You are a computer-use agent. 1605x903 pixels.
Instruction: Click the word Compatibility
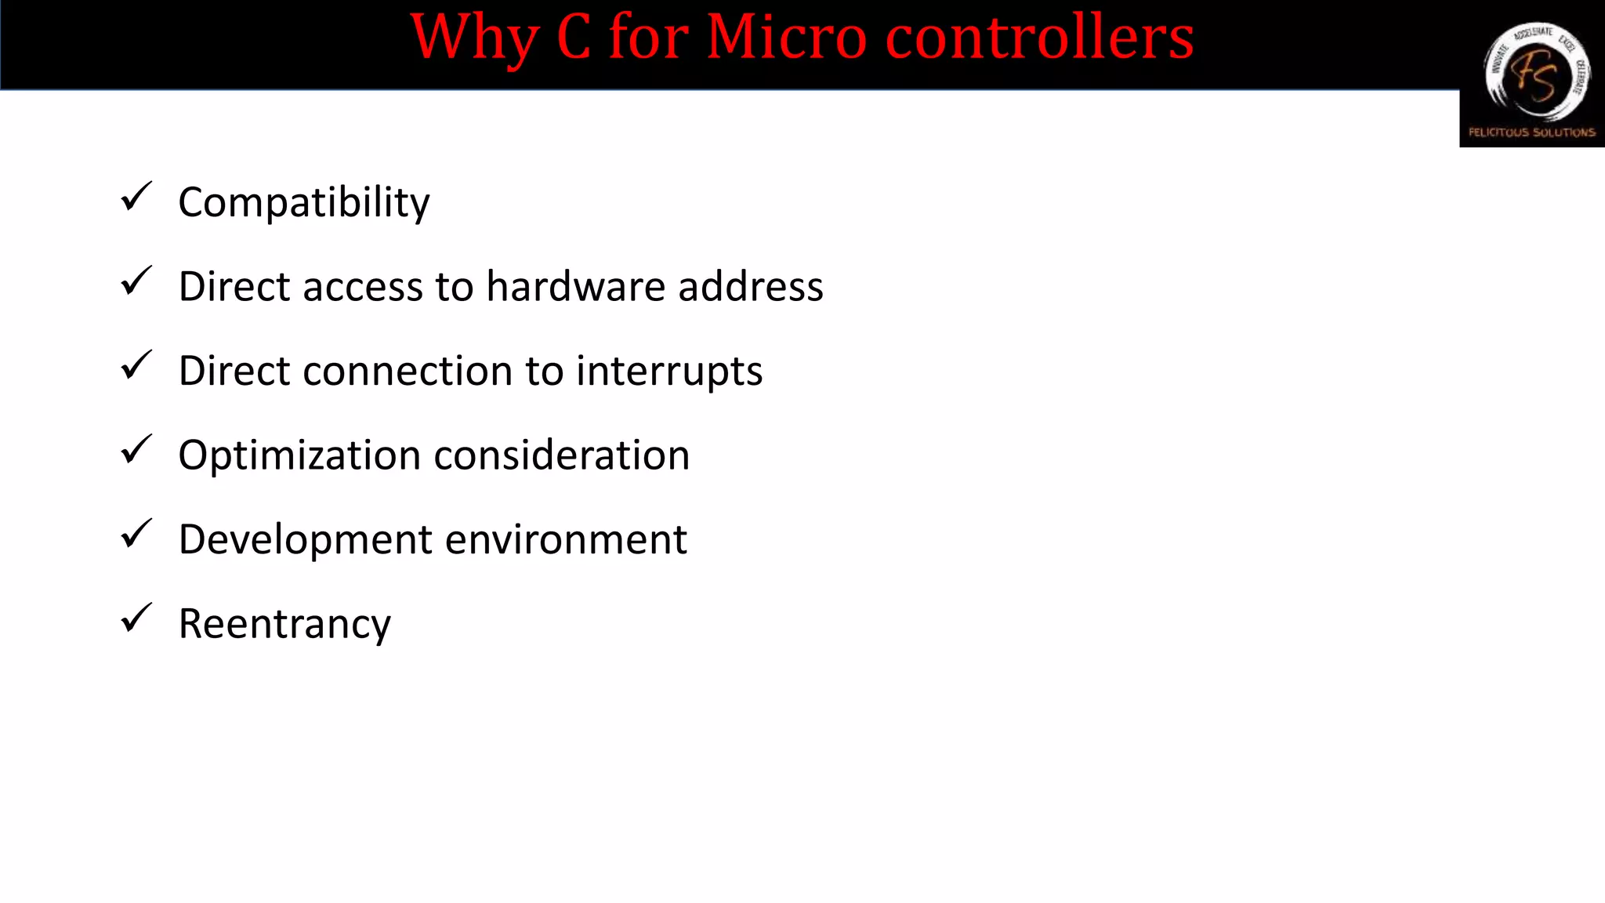coord(304,203)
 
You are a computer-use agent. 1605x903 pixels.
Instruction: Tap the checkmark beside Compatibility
coord(136,197)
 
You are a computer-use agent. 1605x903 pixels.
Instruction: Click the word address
coord(751,286)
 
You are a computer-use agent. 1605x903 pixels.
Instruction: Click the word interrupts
coord(669,372)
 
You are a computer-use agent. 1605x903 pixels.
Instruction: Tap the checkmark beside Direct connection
coord(136,365)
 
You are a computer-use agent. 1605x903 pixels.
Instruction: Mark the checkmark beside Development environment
coord(136,535)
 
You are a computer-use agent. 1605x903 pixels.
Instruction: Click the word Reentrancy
coord(284,625)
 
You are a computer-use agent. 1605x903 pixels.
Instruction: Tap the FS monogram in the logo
coord(1534,77)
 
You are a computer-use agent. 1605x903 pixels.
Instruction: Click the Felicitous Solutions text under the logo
coord(1532,132)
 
